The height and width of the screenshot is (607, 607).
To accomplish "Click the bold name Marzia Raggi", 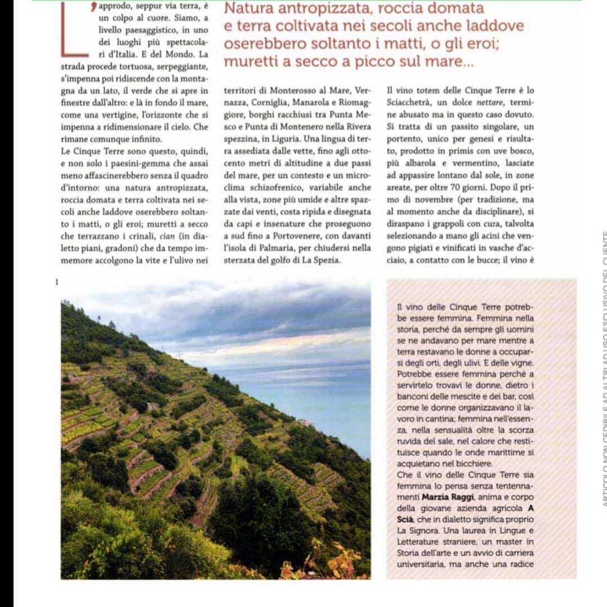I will click(x=448, y=497).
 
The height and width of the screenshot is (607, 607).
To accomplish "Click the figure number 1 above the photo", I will click(x=57, y=282).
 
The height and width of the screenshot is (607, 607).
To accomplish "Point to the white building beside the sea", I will click(x=305, y=422).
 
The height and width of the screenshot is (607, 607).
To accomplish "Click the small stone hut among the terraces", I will click(x=151, y=406).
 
